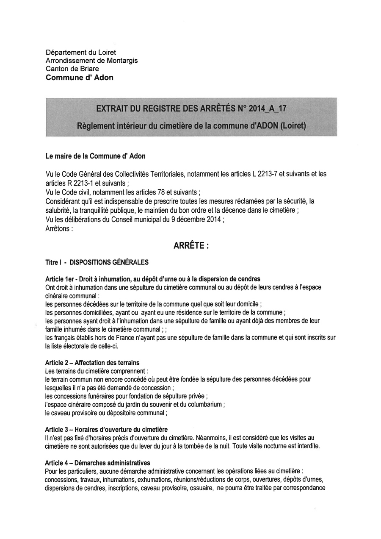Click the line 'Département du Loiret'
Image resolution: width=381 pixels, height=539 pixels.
81,53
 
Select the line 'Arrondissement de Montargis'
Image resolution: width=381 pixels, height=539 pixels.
91,61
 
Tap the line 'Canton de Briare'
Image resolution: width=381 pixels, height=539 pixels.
72,69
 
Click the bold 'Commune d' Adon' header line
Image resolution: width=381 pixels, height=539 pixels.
80,78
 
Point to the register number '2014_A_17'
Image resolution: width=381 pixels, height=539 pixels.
268,108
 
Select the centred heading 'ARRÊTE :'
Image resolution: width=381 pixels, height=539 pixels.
191,246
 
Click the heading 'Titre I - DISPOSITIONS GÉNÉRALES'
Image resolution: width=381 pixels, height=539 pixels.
97,262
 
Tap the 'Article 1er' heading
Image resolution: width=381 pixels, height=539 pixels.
61,279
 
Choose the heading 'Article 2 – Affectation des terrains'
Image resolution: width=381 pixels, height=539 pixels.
92,363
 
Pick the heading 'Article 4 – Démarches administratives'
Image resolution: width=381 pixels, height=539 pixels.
97,463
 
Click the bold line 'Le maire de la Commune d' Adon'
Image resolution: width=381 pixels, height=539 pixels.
95,156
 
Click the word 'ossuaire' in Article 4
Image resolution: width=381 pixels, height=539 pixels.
201,488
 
